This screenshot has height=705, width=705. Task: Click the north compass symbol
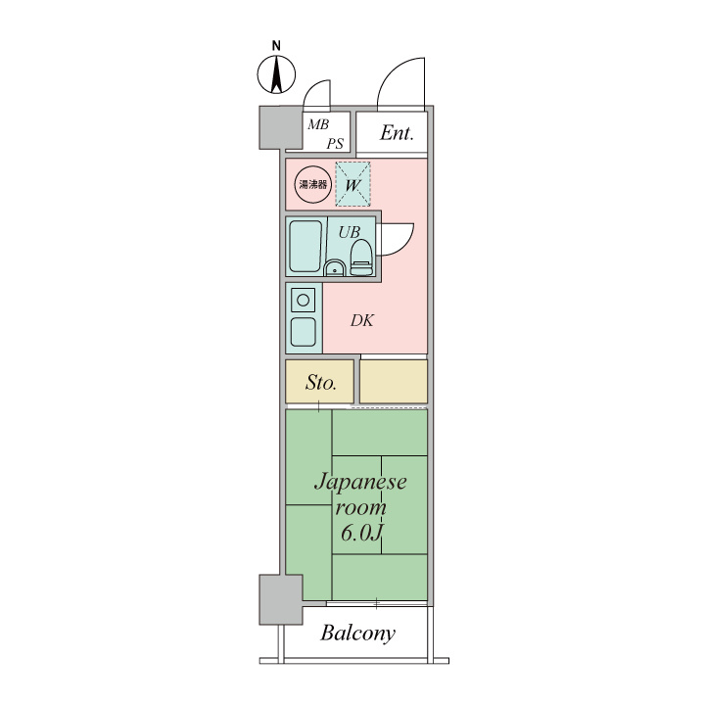pyautogui.click(x=276, y=74)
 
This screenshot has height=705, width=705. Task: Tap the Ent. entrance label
pyautogui.click(x=397, y=132)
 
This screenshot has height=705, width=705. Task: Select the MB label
pyautogui.click(x=318, y=124)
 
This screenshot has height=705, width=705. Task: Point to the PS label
pyautogui.click(x=335, y=144)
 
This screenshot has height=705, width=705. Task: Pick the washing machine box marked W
pyautogui.click(x=352, y=184)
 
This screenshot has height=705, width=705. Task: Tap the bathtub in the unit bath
pyautogui.click(x=305, y=246)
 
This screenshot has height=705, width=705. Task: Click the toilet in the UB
pyautogui.click(x=361, y=258)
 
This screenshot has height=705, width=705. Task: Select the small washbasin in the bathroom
pyautogui.click(x=334, y=268)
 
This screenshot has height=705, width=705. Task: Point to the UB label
pyautogui.click(x=350, y=232)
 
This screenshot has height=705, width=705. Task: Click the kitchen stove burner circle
pyautogui.click(x=303, y=300)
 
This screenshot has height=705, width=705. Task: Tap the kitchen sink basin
pyautogui.click(x=303, y=332)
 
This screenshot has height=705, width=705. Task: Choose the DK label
pyautogui.click(x=362, y=320)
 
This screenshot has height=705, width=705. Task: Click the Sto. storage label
pyautogui.click(x=320, y=383)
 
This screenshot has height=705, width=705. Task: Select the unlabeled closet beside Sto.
pyautogui.click(x=394, y=381)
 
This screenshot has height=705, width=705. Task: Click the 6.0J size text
pyautogui.click(x=361, y=534)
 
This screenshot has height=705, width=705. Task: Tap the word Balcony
pyautogui.click(x=358, y=634)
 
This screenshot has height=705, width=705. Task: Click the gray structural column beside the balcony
pyautogui.click(x=281, y=599)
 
